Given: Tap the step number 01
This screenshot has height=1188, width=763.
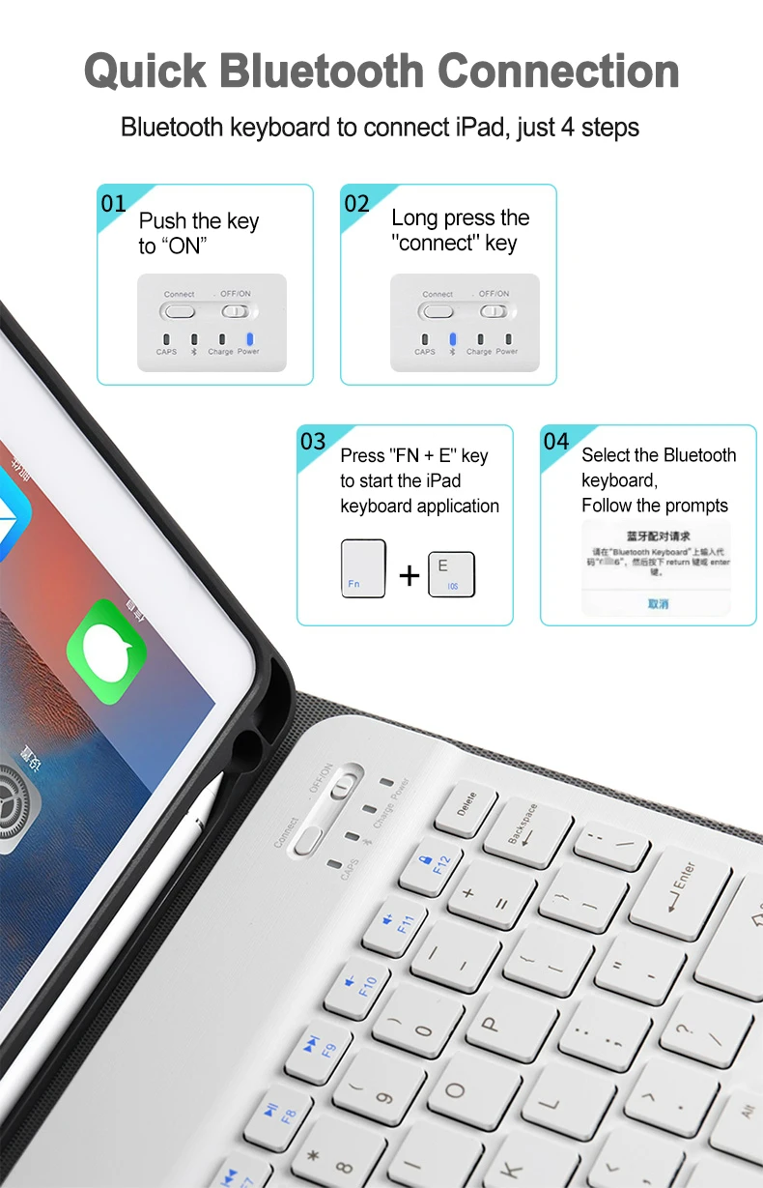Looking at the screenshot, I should tap(114, 203).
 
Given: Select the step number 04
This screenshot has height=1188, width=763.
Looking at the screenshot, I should tap(556, 442).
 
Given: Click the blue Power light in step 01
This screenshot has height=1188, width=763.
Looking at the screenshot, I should tap(249, 339).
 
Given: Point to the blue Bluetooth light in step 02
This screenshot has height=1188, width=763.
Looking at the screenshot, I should tap(452, 339).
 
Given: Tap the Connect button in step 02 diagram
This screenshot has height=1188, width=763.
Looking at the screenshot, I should tap(438, 311).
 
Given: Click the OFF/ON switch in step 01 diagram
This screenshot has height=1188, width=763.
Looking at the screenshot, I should tap(236, 311).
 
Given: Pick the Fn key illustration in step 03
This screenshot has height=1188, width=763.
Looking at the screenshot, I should tap(363, 568).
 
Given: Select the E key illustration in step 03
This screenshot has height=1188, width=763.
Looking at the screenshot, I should tap(451, 573).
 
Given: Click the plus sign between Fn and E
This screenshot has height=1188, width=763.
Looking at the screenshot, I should tap(410, 575).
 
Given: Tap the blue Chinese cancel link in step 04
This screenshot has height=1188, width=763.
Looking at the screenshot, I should tap(658, 604).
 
